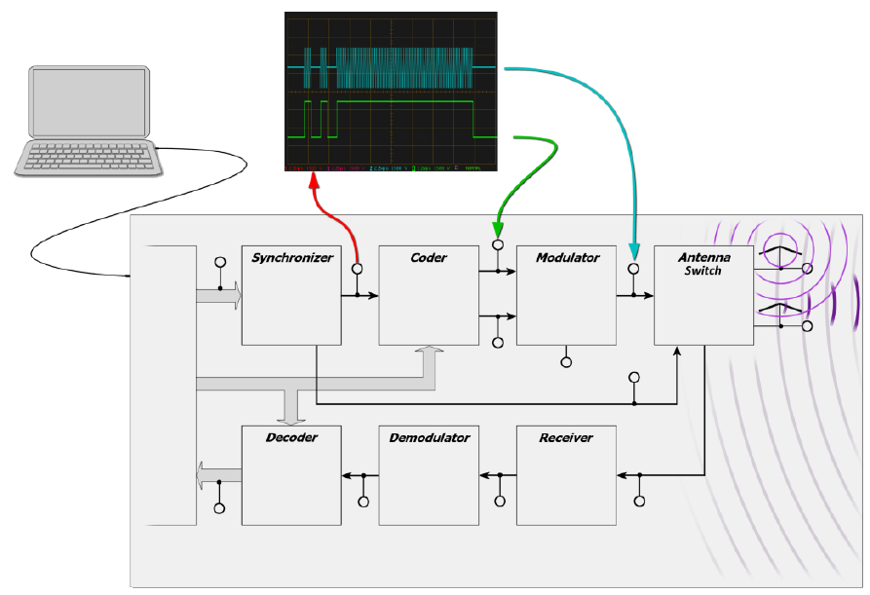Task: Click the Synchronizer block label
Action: click(x=292, y=258)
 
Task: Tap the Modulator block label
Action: click(x=566, y=258)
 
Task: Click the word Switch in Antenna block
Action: click(x=702, y=271)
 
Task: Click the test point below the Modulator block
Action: click(x=566, y=362)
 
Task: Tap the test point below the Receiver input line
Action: click(x=639, y=501)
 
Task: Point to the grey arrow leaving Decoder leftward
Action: click(x=206, y=477)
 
